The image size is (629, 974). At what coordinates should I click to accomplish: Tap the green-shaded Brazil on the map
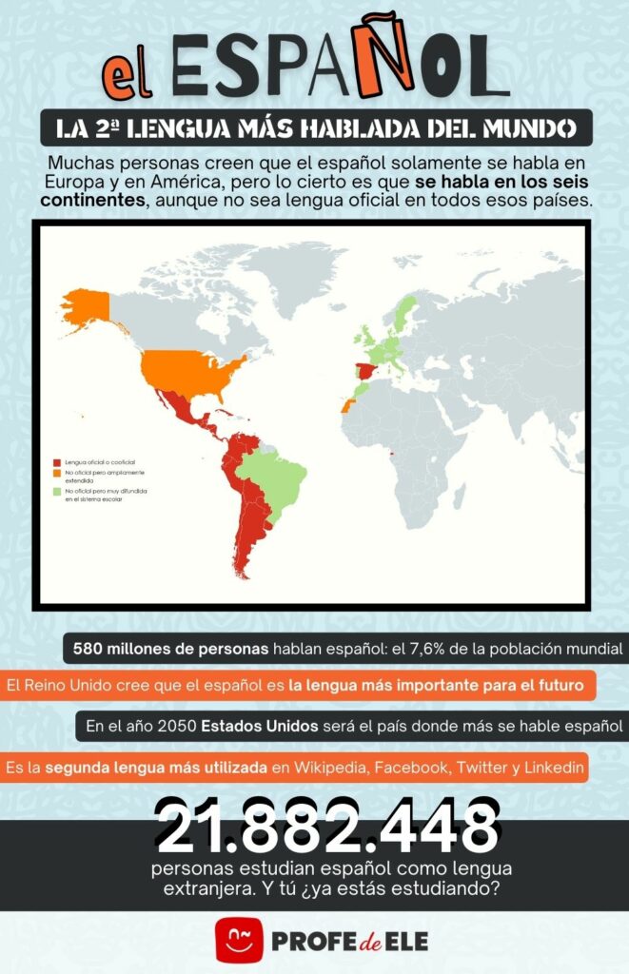276,480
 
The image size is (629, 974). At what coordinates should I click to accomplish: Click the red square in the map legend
56,460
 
